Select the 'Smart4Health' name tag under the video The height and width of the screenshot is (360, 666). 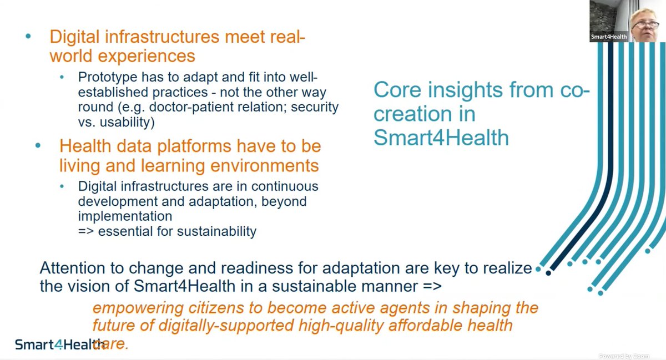point(609,37)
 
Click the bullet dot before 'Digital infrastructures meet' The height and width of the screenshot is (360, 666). point(28,37)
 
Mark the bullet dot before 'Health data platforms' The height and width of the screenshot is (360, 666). point(38,146)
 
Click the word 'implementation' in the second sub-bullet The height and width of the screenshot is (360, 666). point(125,216)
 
